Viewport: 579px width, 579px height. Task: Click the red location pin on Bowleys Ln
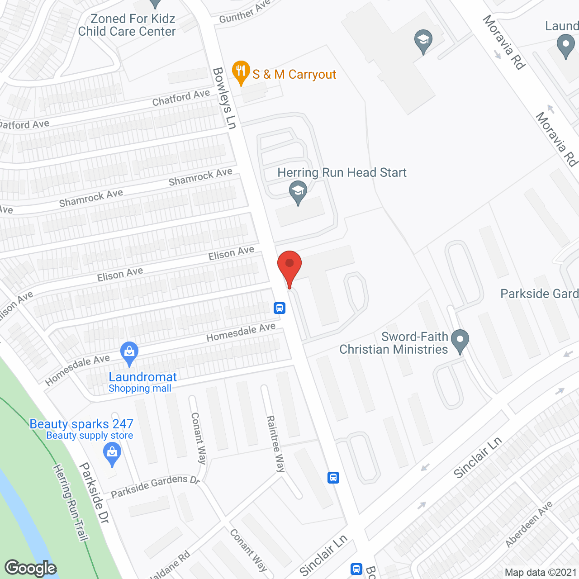[x=289, y=265]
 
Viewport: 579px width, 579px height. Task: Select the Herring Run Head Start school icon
[x=298, y=192]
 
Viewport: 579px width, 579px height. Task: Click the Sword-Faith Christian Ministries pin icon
[x=460, y=341]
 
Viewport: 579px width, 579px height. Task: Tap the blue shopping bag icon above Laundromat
[x=129, y=353]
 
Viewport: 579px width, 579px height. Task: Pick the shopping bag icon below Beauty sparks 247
[x=112, y=454]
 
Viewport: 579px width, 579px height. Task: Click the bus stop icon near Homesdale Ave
[x=279, y=308]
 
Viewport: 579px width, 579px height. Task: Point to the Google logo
[x=30, y=568]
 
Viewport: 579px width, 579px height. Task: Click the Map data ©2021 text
[x=541, y=572]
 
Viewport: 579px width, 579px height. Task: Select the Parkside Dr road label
[x=94, y=493]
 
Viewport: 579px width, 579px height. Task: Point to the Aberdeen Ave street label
[x=529, y=523]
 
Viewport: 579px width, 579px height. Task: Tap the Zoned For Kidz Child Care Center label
[x=127, y=25]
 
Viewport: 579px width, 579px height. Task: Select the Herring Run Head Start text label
[x=342, y=173]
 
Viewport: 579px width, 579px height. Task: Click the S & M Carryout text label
[x=294, y=74]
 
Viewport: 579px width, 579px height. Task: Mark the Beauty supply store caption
[x=90, y=436]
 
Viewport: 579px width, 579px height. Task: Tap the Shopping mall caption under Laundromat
[x=140, y=389]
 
